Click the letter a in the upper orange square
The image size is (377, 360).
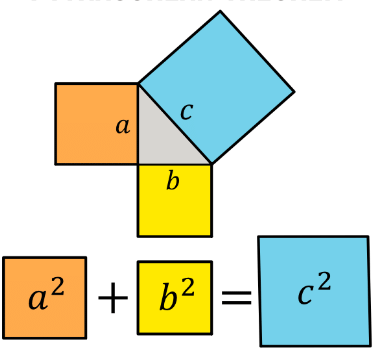(x=123, y=126)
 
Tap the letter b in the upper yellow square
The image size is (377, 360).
(x=173, y=181)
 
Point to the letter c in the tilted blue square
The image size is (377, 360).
(x=186, y=111)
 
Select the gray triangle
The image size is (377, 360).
(x=160, y=134)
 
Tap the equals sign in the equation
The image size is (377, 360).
(x=235, y=297)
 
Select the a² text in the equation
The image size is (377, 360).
(x=44, y=297)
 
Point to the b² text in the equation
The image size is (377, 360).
(x=175, y=297)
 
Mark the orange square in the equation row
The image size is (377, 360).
(x=44, y=297)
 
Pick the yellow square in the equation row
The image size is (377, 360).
(x=175, y=297)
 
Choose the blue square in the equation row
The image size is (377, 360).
(x=314, y=291)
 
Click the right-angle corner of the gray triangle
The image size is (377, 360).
(x=139, y=163)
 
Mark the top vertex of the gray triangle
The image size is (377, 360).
(x=138, y=84)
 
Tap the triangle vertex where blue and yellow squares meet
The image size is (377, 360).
(x=212, y=163)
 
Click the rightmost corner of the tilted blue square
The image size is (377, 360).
(x=294, y=92)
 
